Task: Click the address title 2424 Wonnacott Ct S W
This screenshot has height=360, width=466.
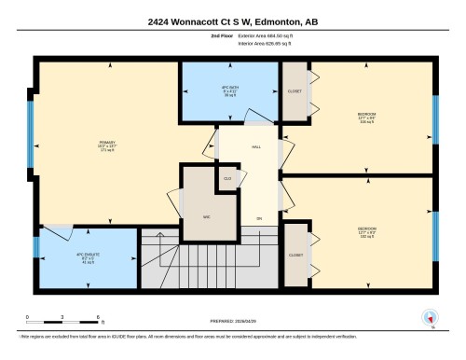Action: [232, 21]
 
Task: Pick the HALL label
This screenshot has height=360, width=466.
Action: [256, 147]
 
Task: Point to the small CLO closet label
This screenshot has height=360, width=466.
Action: [226, 177]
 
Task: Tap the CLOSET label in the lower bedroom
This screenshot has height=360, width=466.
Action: [295, 254]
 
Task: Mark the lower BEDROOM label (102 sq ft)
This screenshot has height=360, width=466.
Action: [366, 230]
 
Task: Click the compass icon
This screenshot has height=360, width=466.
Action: [431, 317]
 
